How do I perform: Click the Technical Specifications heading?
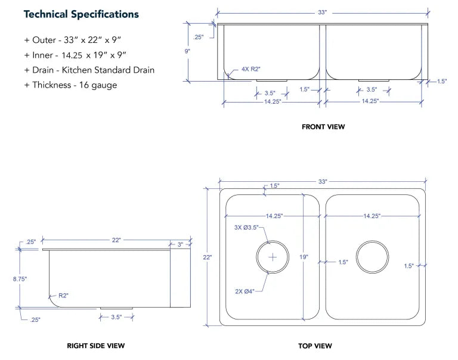pos(81,14)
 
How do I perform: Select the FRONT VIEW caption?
pos(323,126)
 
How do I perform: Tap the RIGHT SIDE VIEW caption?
pos(96,346)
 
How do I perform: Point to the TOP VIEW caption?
pos(315,346)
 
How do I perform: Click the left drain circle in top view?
pos(273,257)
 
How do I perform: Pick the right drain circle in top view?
pos(372,257)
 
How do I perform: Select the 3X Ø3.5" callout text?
pos(247,227)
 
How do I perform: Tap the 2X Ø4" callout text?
pos(245,291)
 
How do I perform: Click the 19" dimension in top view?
pos(304,257)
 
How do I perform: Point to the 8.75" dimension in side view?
pos(20,278)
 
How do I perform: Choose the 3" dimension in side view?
pos(181,244)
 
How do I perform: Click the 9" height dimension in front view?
pos(187,51)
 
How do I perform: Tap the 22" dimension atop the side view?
pos(116,240)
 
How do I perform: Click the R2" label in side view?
pos(64,295)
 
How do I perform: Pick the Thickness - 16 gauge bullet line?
pos(71,85)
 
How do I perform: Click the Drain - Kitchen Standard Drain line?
pos(89,70)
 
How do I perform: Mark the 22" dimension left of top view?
pos(207,257)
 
